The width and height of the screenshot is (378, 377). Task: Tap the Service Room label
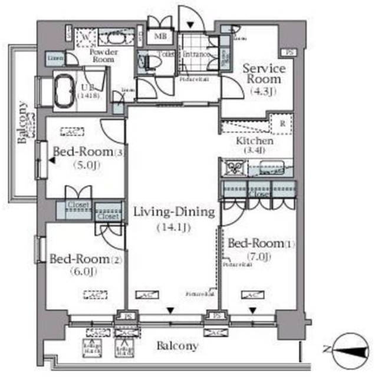264,74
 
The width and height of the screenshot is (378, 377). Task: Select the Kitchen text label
254,141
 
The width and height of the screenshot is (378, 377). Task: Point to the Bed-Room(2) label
80,259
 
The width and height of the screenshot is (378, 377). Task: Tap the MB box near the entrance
160,37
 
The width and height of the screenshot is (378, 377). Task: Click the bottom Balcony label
177,346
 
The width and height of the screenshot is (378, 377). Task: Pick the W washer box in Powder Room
86,37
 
